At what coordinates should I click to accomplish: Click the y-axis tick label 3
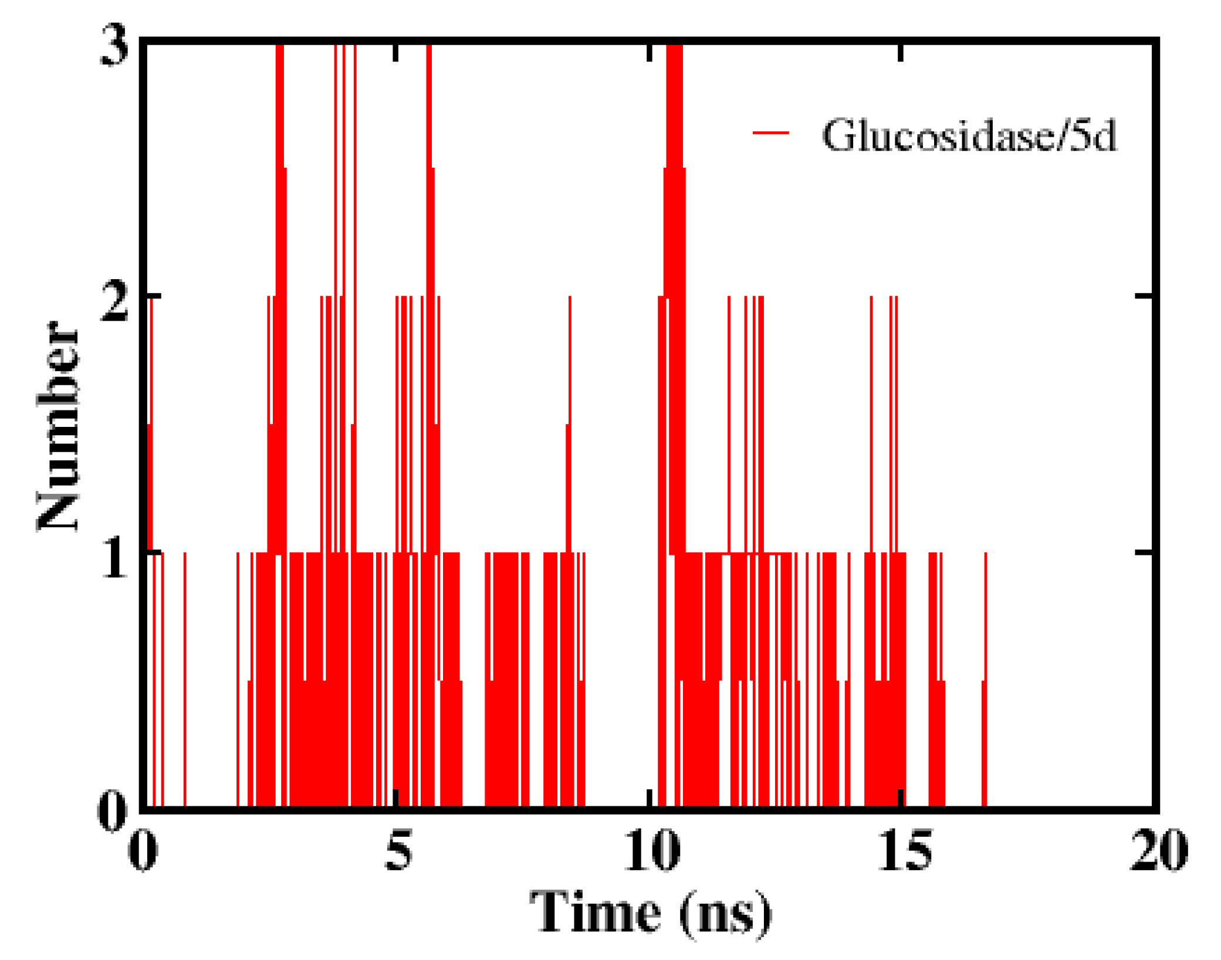114,47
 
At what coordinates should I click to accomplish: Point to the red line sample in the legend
771,133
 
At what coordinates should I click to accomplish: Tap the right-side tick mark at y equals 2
1144,296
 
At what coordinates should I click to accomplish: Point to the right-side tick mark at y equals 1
1144,552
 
